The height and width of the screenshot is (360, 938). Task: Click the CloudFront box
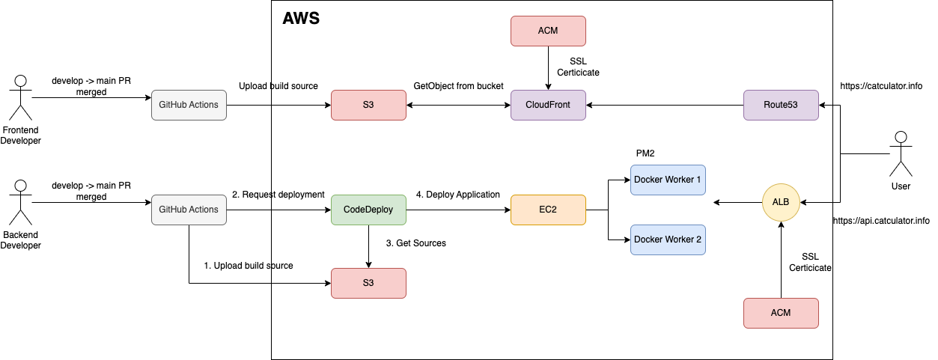(x=548, y=105)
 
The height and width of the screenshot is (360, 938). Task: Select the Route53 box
(x=781, y=105)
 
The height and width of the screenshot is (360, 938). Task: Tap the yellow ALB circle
(x=781, y=201)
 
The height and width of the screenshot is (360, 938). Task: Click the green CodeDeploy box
(x=368, y=210)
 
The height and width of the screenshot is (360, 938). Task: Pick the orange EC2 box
(x=548, y=210)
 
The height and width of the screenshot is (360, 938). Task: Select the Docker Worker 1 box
(x=668, y=180)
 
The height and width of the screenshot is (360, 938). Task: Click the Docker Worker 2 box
(x=668, y=240)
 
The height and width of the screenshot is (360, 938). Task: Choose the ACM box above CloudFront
(x=548, y=30)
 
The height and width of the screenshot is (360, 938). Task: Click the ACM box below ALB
(x=781, y=313)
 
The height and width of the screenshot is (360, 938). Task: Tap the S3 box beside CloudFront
(x=368, y=105)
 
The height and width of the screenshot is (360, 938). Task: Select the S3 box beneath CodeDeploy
(x=368, y=283)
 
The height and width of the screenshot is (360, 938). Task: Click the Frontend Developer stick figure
(x=20, y=97)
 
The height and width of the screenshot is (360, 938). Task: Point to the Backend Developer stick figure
(x=20, y=202)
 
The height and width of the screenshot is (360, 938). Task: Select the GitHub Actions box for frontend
(x=189, y=105)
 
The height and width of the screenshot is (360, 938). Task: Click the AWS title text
(x=301, y=19)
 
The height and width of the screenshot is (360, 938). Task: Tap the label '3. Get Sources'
(x=415, y=243)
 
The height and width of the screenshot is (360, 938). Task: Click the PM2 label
(x=646, y=153)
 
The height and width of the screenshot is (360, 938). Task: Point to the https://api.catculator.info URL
(x=881, y=221)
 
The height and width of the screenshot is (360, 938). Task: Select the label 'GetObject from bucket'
(x=458, y=86)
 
